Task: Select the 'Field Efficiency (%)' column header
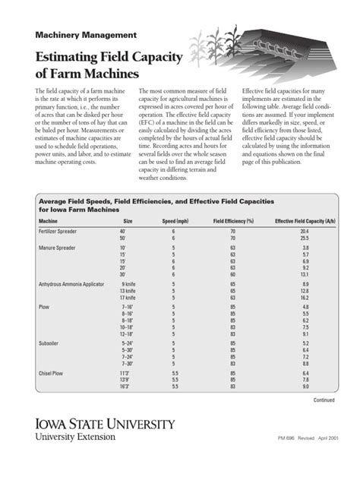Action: pos(233,221)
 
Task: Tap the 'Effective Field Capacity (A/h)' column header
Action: pos(305,221)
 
